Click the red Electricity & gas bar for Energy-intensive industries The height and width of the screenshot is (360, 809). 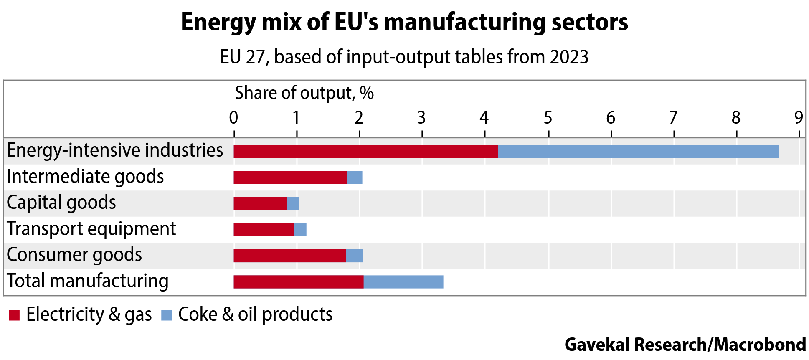[x=365, y=151]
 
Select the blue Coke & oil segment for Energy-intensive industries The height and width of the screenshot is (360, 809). [x=638, y=151]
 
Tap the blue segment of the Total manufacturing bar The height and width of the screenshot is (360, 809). [x=403, y=282]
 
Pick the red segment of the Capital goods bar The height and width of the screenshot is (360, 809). [x=260, y=203]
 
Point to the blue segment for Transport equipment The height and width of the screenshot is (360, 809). [x=300, y=230]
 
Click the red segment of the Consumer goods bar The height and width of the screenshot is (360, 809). [x=289, y=256]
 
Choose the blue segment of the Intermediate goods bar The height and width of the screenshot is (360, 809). [x=355, y=177]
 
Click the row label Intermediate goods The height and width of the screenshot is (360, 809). [x=85, y=177]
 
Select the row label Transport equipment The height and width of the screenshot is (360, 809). [x=91, y=229]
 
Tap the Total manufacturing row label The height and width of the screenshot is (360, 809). [x=87, y=281]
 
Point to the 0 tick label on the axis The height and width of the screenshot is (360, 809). [x=233, y=118]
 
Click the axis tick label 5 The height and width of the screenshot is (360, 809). [x=548, y=118]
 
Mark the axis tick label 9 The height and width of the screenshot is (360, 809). [x=799, y=118]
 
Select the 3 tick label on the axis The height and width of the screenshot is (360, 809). [x=421, y=118]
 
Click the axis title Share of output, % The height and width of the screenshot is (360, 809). [x=304, y=93]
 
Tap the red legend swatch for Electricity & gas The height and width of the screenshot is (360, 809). [x=14, y=315]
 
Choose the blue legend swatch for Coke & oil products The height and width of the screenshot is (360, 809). [x=166, y=315]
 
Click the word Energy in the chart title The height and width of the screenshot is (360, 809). [x=218, y=23]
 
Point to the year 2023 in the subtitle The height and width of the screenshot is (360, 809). [x=569, y=57]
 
